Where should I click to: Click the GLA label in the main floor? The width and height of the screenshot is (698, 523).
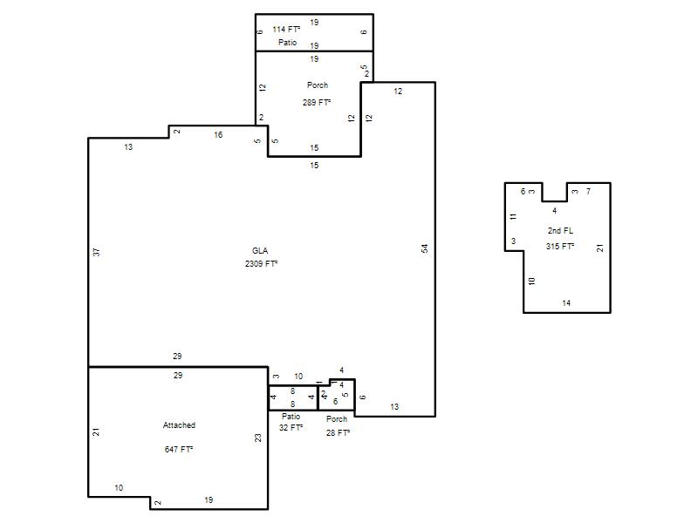[x=260, y=251]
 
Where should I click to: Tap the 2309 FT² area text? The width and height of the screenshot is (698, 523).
[x=261, y=264]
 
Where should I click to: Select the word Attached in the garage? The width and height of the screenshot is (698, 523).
[x=179, y=425]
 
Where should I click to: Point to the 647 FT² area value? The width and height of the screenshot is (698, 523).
[x=179, y=449]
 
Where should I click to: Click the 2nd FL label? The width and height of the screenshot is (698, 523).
[x=560, y=230]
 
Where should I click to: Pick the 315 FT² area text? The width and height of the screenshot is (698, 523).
[x=560, y=246]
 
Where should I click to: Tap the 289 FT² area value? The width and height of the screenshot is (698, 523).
[x=317, y=102]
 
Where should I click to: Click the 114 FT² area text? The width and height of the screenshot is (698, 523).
[x=287, y=30]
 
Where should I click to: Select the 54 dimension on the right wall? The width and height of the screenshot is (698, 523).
[x=425, y=248]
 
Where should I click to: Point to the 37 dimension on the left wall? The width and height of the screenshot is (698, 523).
[x=97, y=252]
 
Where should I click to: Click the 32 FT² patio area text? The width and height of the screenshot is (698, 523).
[x=291, y=427]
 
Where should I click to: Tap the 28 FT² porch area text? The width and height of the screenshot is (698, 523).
[x=339, y=432]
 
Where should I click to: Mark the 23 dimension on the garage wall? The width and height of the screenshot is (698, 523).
[x=258, y=438]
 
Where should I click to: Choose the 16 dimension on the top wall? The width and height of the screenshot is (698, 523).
[x=218, y=135]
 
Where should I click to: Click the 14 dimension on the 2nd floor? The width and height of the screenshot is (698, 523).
[x=566, y=302]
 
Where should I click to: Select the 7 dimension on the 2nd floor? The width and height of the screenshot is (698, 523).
[x=588, y=191]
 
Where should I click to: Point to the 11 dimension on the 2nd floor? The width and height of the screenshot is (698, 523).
[x=513, y=216]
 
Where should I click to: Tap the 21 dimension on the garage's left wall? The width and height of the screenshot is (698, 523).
[x=96, y=431]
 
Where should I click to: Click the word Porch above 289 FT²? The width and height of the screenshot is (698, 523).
[x=318, y=85]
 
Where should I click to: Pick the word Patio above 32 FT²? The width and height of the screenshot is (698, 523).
[x=291, y=417]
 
